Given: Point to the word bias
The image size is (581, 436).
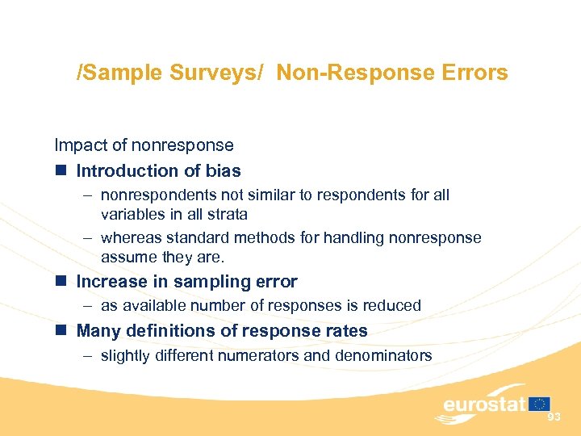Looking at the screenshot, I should coord(224,171).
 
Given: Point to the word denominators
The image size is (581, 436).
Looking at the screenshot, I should coord(382,355).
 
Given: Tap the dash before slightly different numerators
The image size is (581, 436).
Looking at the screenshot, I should coord(85,355).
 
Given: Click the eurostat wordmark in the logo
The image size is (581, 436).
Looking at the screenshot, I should coord(483,405).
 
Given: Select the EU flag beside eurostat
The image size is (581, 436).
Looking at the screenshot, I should coord(540,404).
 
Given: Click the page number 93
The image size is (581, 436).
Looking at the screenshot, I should coord(554,417).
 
